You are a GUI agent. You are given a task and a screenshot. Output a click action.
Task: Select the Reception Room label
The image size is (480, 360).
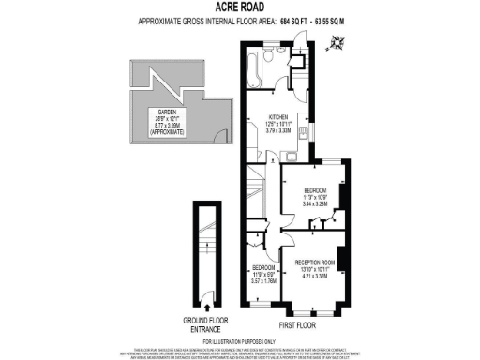[x=315, y=262]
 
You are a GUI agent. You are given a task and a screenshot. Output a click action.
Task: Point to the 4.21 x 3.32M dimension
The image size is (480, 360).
[x=315, y=277]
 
